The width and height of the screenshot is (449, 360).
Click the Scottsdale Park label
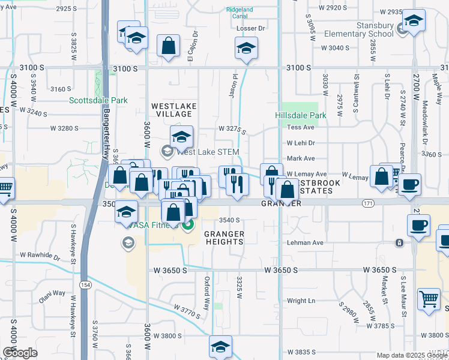(x=98, y=100)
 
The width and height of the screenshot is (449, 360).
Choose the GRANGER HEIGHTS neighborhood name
(x=224, y=238)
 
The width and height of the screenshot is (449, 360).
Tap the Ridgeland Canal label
(x=240, y=13)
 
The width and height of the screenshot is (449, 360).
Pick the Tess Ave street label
(x=301, y=127)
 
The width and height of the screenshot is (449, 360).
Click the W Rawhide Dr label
(x=40, y=257)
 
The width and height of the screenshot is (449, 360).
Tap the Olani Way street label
(x=52, y=293)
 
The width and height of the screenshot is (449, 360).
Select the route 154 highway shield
(x=86, y=286)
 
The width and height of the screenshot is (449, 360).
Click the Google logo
(x=20, y=353)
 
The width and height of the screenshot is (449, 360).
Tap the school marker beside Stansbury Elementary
(x=414, y=20)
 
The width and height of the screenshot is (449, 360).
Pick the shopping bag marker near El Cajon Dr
(x=169, y=44)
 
